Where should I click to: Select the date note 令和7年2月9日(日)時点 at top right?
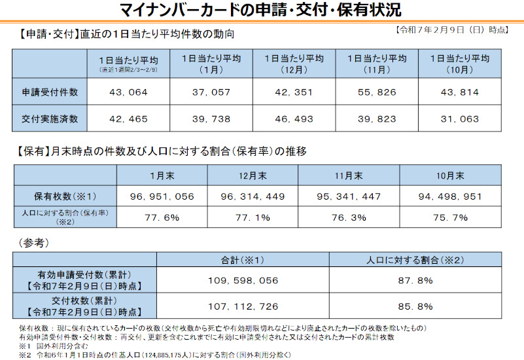click(451, 30)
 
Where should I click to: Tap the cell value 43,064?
click(129, 92)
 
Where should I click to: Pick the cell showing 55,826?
click(377, 92)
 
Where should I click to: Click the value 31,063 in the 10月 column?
click(461, 118)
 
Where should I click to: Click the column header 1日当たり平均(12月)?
click(294, 63)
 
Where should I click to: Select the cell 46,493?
click(294, 118)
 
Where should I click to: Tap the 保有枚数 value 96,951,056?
click(162, 196)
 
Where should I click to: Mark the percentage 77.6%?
click(162, 217)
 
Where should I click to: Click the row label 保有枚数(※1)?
click(65, 196)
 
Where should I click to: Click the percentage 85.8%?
click(415, 306)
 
